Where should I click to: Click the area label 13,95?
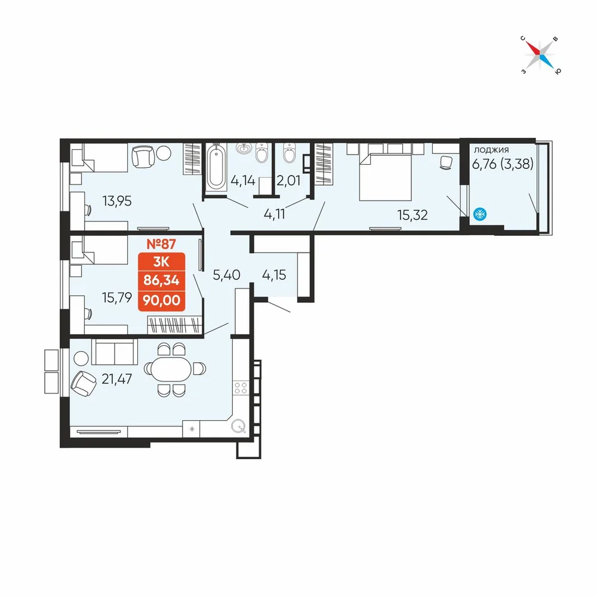(117, 201)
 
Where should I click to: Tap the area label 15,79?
(117, 297)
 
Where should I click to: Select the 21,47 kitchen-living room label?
(117, 379)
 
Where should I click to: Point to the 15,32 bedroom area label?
(413, 215)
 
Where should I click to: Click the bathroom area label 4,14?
(243, 180)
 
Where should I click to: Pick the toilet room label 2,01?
(288, 180)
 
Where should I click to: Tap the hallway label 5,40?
(226, 275)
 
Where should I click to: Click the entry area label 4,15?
(274, 275)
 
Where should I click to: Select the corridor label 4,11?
(274, 214)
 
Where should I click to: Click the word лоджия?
(491, 150)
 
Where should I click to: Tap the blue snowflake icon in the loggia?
(480, 214)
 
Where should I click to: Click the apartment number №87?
(161, 244)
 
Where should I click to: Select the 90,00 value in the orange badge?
(161, 300)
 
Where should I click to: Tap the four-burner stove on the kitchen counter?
(241, 388)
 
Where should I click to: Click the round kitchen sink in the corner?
(238, 426)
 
